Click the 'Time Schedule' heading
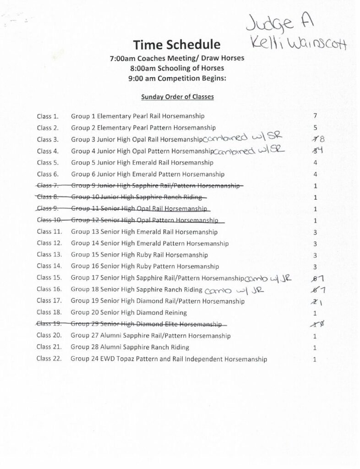point(177,44)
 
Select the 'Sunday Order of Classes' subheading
point(177,97)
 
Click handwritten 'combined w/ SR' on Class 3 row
point(244,138)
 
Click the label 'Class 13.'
point(49,255)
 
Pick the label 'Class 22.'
point(49,359)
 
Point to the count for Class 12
point(315,244)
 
